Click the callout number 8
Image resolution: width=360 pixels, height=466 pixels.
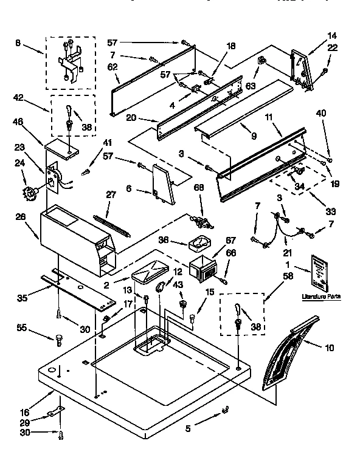[17, 44]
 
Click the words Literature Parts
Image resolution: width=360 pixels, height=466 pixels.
[321, 296]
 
